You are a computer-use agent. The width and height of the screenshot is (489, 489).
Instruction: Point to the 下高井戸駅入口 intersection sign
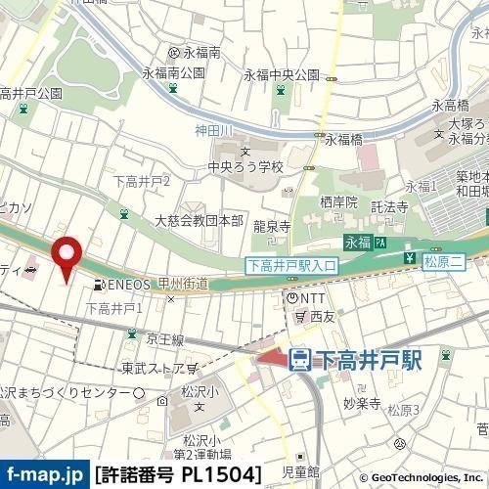(x=290, y=265)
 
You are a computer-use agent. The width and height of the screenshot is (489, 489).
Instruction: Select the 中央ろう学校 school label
(x=244, y=166)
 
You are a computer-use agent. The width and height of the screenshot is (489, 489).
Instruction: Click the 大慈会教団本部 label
(x=199, y=222)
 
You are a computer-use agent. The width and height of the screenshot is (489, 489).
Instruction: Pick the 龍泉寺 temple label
(x=272, y=226)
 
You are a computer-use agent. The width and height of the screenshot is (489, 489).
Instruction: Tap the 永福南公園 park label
(x=173, y=72)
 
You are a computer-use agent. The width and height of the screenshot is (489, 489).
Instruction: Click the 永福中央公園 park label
(x=282, y=74)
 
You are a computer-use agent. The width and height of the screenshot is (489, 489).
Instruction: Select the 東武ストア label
(x=153, y=369)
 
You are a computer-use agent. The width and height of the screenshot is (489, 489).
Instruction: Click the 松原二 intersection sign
(x=440, y=262)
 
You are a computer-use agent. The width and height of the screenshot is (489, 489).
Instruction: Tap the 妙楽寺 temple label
(x=361, y=401)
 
